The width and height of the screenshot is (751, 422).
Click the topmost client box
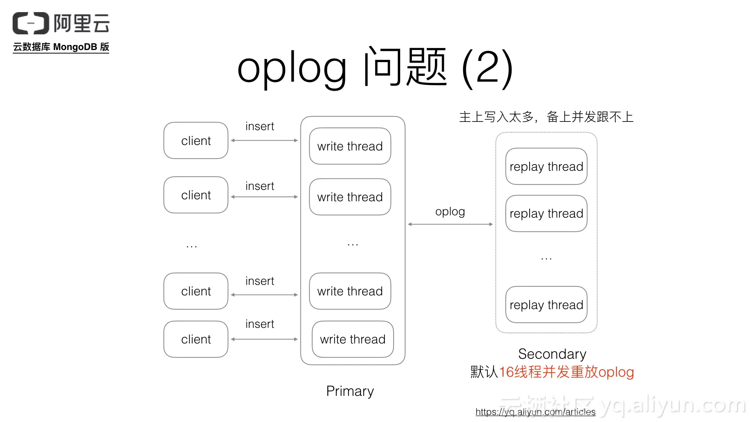(x=196, y=141)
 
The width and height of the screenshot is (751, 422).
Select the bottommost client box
(x=196, y=339)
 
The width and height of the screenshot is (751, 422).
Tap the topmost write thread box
(x=350, y=146)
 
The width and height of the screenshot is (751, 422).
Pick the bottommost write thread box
(x=352, y=339)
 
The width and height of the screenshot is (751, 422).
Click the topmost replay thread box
(x=546, y=166)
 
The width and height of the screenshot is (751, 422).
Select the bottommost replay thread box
(x=546, y=305)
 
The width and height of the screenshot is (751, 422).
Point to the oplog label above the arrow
(x=450, y=211)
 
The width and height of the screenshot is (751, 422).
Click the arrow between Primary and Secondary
(x=450, y=224)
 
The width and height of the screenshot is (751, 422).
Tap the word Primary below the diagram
(x=350, y=391)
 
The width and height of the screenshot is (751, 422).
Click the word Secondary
(x=552, y=354)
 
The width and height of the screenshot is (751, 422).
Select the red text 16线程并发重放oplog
(x=566, y=372)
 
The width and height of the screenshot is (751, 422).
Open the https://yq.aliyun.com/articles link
(x=535, y=412)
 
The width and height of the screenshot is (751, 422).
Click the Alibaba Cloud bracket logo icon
(x=31, y=23)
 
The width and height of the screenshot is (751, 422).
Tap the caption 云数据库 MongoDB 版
(x=61, y=47)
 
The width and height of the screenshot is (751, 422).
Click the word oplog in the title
(x=291, y=68)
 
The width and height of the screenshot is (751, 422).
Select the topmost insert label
(x=259, y=126)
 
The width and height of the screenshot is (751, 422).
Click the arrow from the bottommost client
(x=264, y=339)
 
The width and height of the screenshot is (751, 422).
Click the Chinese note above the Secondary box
(x=546, y=117)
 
